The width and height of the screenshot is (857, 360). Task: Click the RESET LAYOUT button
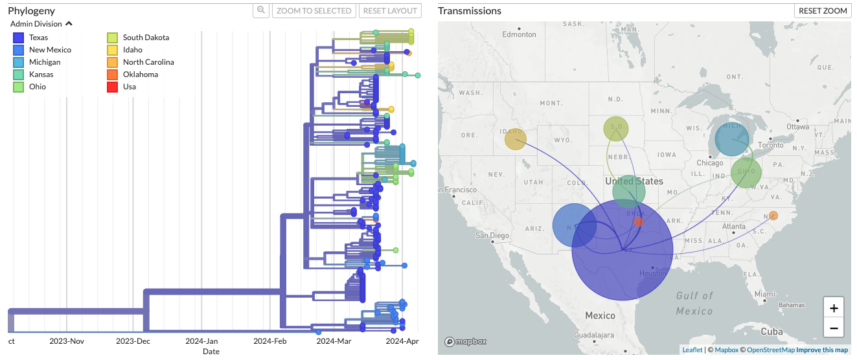click(391, 10)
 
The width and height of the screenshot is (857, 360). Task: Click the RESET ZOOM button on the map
click(823, 10)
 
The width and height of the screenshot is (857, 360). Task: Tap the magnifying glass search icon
click(261, 10)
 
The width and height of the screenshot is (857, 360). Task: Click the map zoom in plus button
click(834, 308)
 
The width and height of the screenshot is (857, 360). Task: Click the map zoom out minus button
click(834, 328)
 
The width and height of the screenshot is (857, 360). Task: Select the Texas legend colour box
click(19, 38)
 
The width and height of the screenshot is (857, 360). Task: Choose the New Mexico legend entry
click(50, 50)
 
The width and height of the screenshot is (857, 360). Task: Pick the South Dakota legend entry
click(146, 38)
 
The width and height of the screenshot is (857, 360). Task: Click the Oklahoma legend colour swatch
click(113, 74)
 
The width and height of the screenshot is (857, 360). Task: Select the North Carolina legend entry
click(148, 62)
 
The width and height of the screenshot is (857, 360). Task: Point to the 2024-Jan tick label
click(201, 341)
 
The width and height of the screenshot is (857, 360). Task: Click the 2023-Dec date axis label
click(133, 341)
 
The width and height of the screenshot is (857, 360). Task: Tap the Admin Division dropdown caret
click(69, 23)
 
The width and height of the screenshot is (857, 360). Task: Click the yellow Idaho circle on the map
click(516, 139)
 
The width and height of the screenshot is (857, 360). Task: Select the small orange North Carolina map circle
click(773, 216)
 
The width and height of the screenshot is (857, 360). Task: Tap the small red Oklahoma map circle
click(639, 221)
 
